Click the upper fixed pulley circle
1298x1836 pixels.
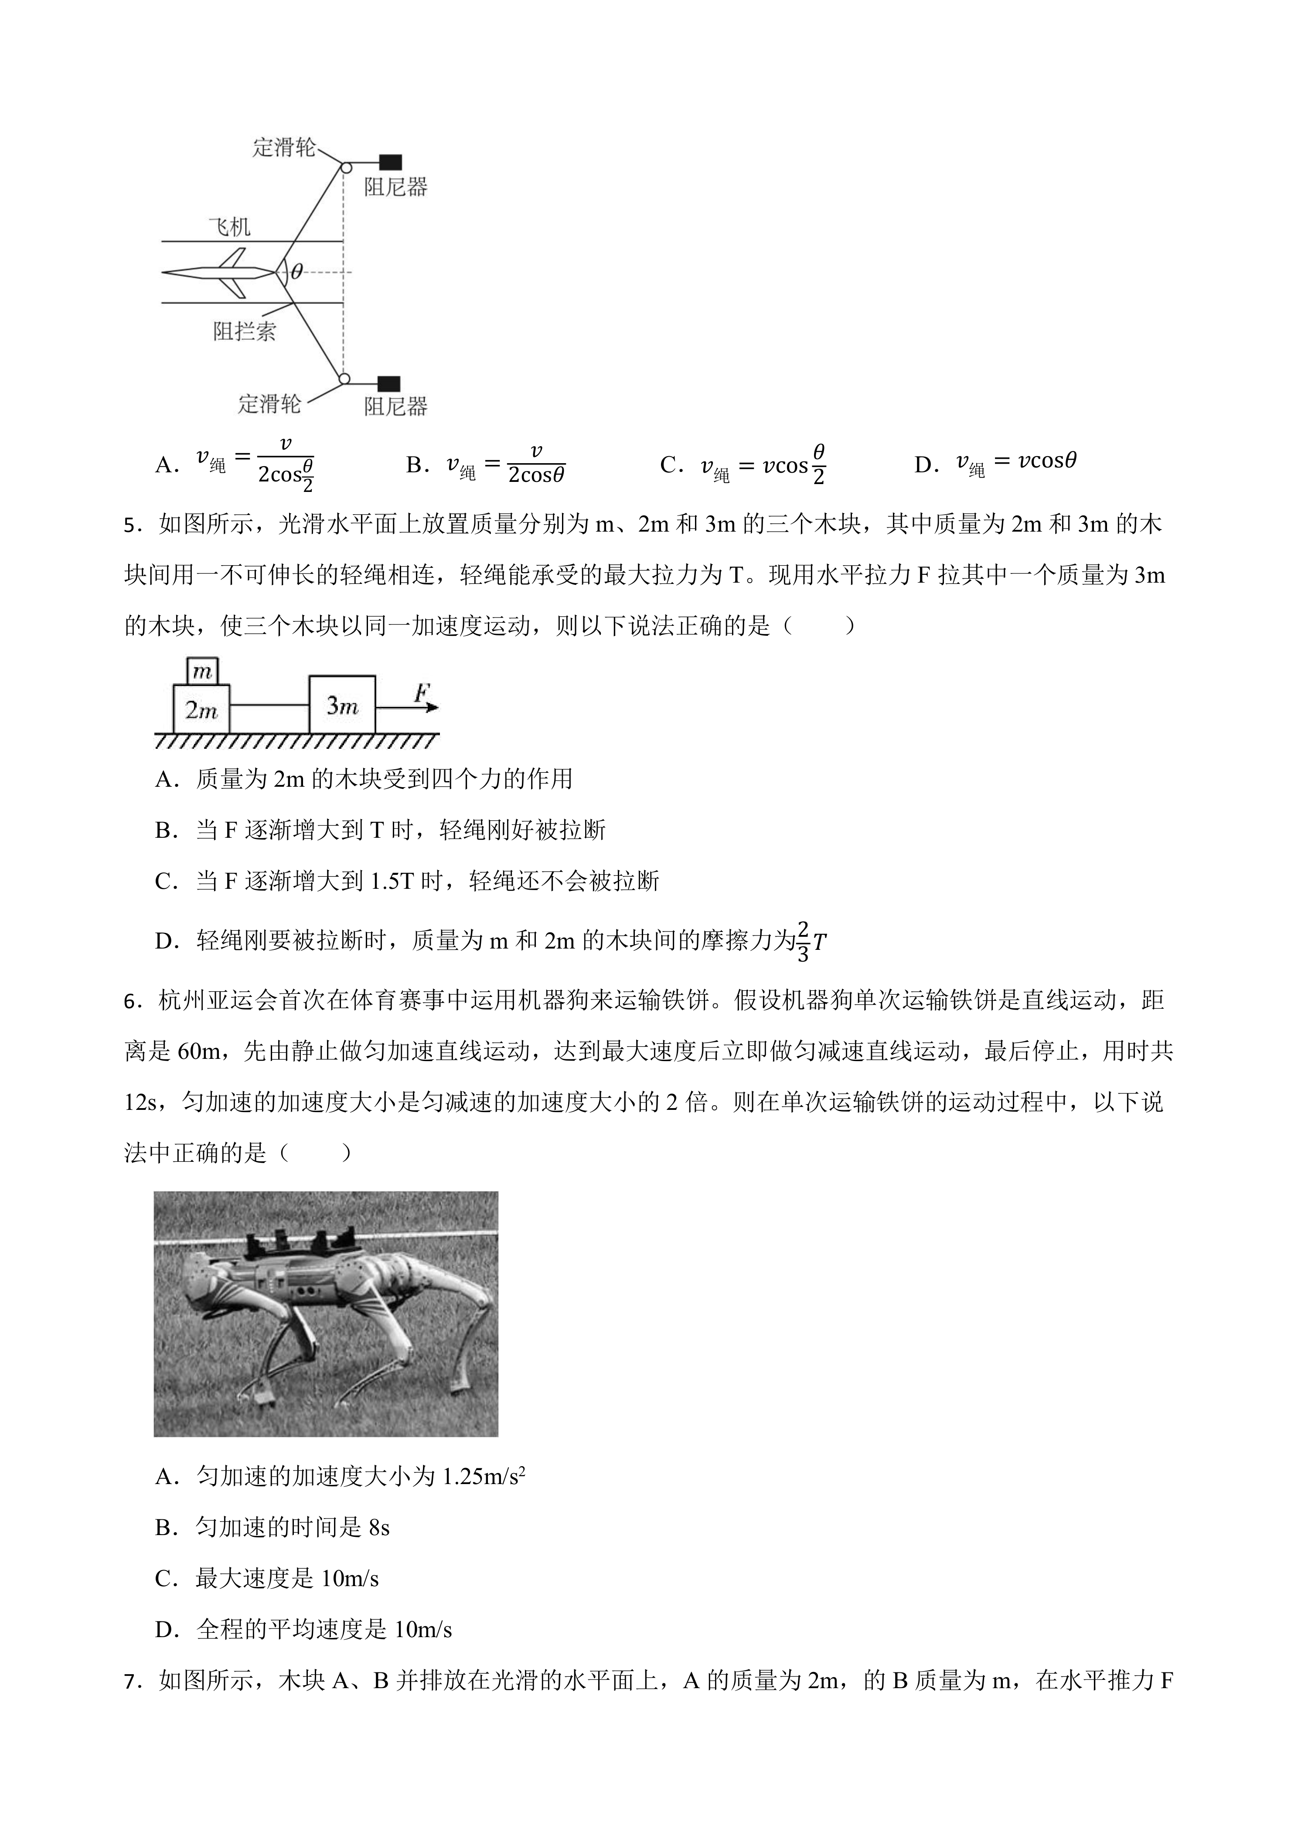[345, 168]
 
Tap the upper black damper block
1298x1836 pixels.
[390, 161]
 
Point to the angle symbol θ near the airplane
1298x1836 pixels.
[296, 272]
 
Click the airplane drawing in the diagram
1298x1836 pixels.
[220, 273]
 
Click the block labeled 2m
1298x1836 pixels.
[201, 709]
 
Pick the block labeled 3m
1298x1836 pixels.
[342, 705]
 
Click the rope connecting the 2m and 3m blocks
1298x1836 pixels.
[269, 705]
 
